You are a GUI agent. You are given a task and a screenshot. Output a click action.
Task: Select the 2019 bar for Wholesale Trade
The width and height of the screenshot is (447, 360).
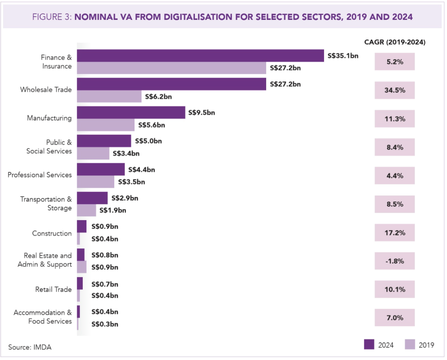pyautogui.click(x=109, y=96)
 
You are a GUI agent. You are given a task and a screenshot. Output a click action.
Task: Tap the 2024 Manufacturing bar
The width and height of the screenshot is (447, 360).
pyautogui.click(x=131, y=112)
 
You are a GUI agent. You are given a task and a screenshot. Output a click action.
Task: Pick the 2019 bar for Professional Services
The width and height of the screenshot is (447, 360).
pyautogui.click(x=96, y=182)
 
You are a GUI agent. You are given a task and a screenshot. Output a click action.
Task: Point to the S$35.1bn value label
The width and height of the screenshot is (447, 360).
pyautogui.click(x=343, y=55)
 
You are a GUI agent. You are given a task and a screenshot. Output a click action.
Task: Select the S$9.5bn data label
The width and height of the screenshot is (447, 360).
pyautogui.click(x=202, y=112)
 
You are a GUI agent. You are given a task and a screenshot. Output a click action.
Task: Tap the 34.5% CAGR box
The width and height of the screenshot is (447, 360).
pyautogui.click(x=394, y=90)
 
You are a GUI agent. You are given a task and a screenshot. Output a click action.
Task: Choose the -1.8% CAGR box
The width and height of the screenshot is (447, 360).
pyautogui.click(x=394, y=261)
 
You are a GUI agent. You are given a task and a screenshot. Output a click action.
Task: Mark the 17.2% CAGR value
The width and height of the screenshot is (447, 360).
pyautogui.click(x=394, y=233)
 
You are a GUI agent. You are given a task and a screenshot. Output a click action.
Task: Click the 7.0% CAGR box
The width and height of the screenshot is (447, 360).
pyautogui.click(x=394, y=318)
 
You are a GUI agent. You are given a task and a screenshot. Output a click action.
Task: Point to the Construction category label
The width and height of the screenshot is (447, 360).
pyautogui.click(x=52, y=233)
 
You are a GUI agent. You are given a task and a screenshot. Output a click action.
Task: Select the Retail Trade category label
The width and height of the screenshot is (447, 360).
pyautogui.click(x=53, y=290)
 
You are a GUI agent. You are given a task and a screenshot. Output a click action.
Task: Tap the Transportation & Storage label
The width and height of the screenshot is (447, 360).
pyautogui.click(x=46, y=204)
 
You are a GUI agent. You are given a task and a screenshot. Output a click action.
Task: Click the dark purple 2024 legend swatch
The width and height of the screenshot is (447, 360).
pyautogui.click(x=369, y=345)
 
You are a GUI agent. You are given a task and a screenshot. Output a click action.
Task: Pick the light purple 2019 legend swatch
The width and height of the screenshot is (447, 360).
pyautogui.click(x=410, y=345)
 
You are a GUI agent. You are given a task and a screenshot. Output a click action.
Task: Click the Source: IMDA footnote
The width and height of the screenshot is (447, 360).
pyautogui.click(x=30, y=347)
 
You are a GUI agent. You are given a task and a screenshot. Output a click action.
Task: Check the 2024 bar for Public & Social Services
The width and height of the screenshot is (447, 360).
pyautogui.click(x=104, y=141)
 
